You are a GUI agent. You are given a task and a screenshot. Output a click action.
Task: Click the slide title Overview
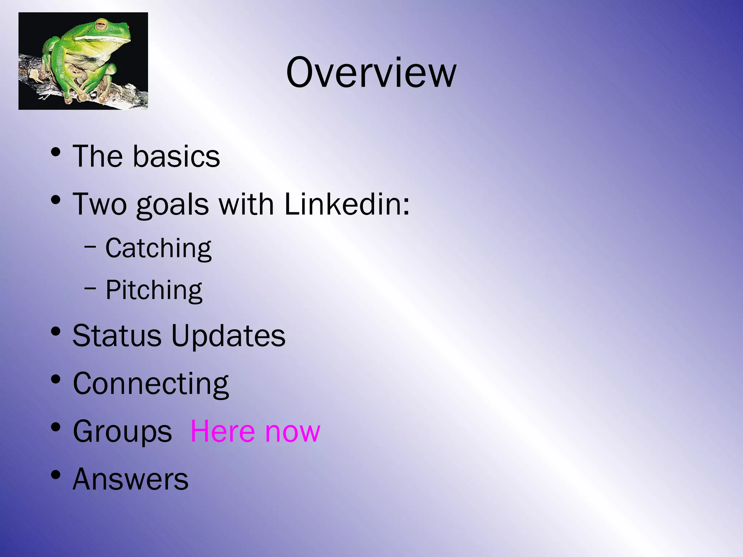click(x=371, y=72)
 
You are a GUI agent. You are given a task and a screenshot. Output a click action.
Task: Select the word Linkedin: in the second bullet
click(x=347, y=204)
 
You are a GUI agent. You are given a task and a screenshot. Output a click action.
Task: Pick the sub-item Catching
click(x=158, y=248)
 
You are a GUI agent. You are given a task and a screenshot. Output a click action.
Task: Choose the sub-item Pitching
click(x=154, y=290)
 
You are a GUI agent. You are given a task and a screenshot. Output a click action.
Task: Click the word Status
click(x=117, y=335)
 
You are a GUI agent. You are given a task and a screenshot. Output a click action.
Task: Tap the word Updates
click(x=228, y=336)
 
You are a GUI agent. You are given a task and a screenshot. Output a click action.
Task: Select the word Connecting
click(x=151, y=384)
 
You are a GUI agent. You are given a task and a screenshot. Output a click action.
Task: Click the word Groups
click(x=122, y=432)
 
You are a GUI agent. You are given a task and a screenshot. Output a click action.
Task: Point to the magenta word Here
click(x=223, y=431)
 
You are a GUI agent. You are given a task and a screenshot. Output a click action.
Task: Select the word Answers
click(x=131, y=479)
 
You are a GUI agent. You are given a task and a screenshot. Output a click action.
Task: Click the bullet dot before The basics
click(x=56, y=152)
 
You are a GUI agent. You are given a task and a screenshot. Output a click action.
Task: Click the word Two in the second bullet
click(x=100, y=204)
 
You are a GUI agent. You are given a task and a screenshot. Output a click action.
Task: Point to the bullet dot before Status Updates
click(x=56, y=331)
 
